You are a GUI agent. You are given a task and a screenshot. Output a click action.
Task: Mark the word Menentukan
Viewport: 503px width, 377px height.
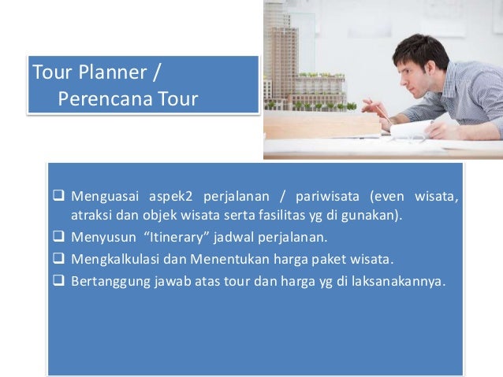221,258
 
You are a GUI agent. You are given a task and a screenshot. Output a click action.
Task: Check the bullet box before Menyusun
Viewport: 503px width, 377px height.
59,238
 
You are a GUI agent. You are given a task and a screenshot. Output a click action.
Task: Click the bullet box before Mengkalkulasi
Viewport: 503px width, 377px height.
59,258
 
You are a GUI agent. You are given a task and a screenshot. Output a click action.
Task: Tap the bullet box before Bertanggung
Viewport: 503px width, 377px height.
59,278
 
